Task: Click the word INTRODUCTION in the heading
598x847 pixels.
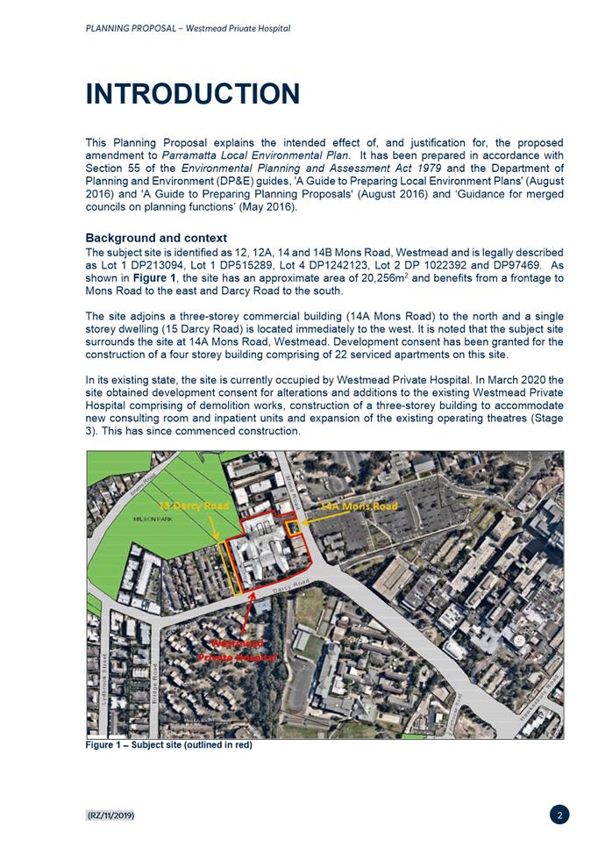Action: tap(192, 94)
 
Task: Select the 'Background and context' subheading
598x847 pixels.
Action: tap(155, 238)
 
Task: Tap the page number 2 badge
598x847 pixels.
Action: tap(560, 815)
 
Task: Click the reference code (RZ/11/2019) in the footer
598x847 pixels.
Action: tap(110, 816)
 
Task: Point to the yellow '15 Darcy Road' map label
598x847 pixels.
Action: tap(194, 506)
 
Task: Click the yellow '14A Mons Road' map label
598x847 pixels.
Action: tap(359, 506)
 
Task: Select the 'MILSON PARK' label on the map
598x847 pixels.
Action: tap(150, 520)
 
